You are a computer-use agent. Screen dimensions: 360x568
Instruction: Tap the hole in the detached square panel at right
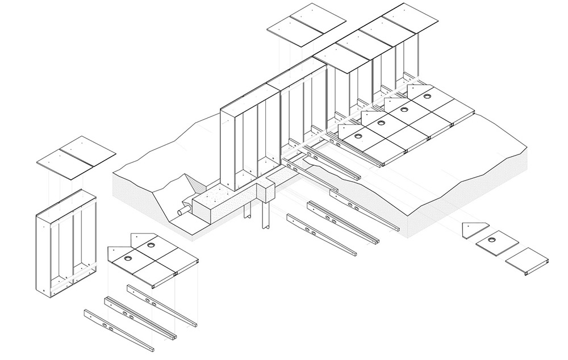pyautogui.click(x=498, y=239)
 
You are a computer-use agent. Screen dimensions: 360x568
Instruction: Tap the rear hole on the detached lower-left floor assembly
pyautogui.click(x=152, y=244)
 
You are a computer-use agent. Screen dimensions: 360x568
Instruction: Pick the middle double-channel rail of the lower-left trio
pyautogui.click(x=139, y=317)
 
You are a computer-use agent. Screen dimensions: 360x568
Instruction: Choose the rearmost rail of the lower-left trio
pyautogui.click(x=162, y=304)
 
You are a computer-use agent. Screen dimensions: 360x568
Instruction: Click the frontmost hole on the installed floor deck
pyautogui.click(x=358, y=136)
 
